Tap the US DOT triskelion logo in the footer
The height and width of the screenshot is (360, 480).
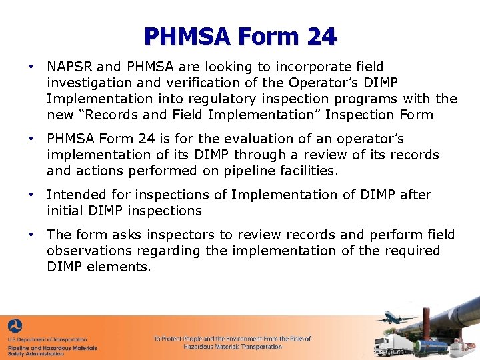[x=15, y=327]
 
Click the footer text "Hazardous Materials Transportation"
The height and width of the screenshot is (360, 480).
[x=233, y=347]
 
